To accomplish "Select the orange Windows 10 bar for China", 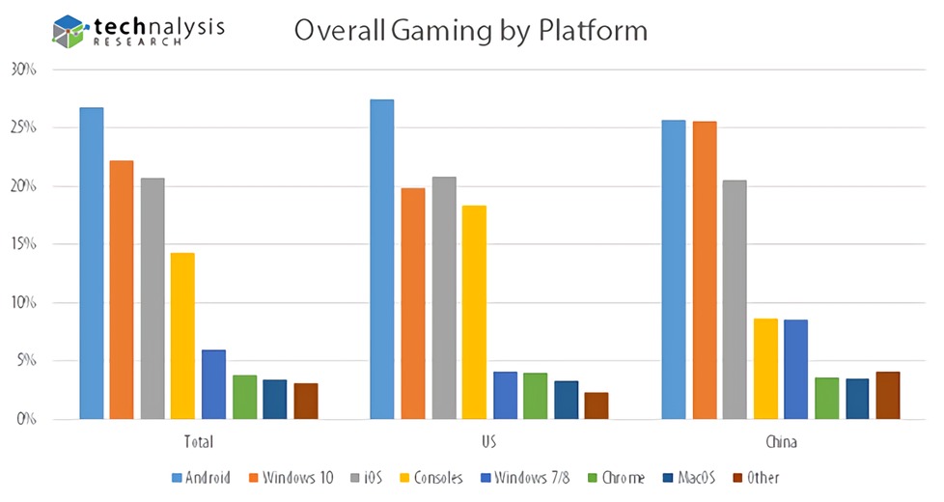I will [705, 270].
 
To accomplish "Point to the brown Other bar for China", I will [888, 395].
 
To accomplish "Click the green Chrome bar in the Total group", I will [244, 397].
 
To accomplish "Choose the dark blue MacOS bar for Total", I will [275, 399].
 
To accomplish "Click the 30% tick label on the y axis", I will [23, 70].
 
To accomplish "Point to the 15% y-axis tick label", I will [23, 244].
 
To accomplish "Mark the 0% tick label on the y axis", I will [26, 419].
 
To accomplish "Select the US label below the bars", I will [490, 443].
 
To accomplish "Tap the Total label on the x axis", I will [198, 443].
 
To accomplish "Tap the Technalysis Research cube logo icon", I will [69, 31].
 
